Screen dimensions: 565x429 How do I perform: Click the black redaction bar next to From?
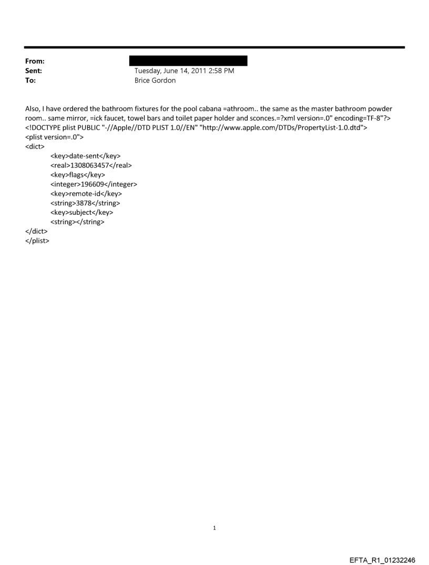(x=188, y=61)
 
